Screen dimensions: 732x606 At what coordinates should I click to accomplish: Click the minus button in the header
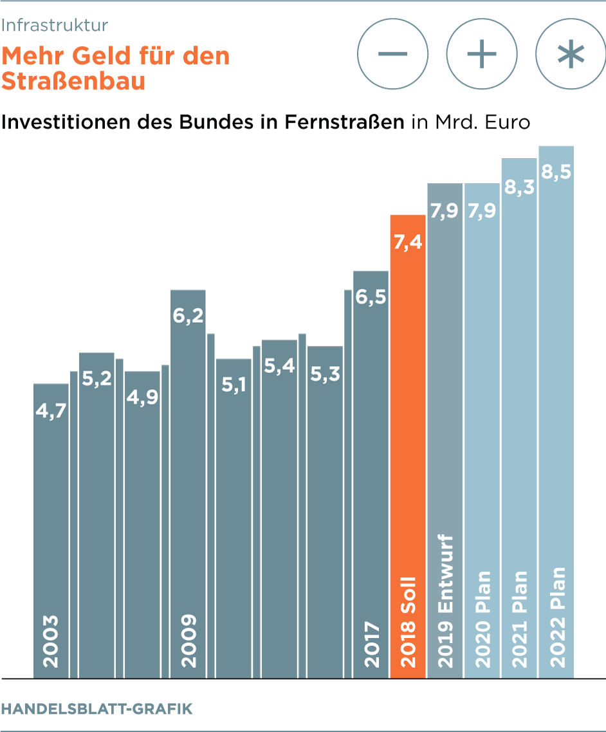pos(392,54)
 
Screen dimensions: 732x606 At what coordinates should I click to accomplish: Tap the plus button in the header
pos(482,54)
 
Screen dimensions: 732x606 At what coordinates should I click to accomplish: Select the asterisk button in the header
pos(571,54)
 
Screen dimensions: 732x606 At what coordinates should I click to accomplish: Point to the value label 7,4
pos(408,243)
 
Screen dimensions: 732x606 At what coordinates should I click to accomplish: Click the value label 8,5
pos(556,173)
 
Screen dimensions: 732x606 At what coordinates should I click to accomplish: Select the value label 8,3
pos(519,187)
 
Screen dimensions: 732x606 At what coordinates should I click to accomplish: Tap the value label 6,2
pos(188,317)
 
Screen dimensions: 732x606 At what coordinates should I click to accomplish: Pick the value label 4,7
pos(51,411)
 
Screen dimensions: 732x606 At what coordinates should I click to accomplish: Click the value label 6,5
pos(371,298)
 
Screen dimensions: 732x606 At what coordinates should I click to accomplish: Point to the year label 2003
pos(51,641)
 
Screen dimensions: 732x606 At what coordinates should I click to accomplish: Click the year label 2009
pos(188,641)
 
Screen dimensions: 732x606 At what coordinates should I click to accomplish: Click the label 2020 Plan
pos(482,619)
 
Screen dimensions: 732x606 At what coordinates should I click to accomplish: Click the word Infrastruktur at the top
pos(55,25)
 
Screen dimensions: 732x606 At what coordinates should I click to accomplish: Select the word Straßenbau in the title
pos(73,82)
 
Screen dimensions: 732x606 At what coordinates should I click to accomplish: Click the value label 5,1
pos(234,387)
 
